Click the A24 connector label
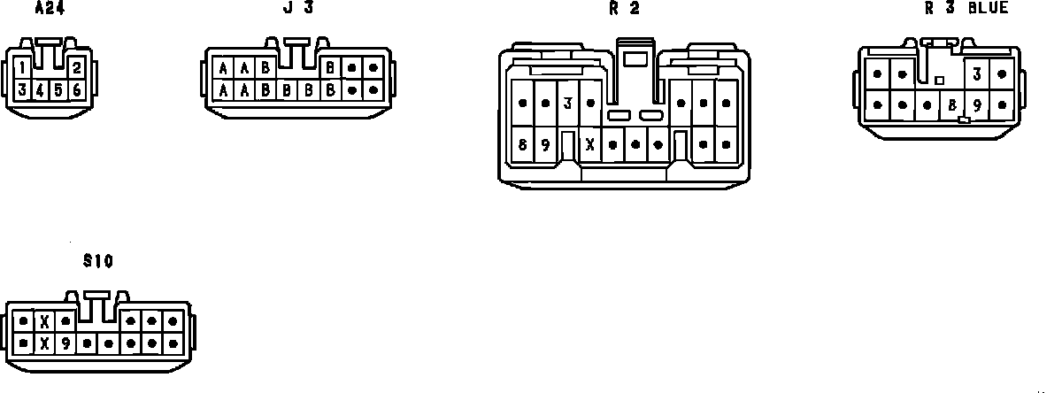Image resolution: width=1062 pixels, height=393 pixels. click(x=49, y=9)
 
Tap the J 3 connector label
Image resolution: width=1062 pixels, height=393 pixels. click(x=297, y=9)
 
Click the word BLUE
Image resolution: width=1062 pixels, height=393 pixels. click(x=988, y=9)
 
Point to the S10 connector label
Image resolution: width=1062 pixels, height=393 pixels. click(x=97, y=261)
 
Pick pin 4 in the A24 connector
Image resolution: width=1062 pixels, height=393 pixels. click(x=41, y=89)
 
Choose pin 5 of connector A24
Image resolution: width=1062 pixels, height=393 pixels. click(x=58, y=89)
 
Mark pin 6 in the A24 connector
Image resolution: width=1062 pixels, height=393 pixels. click(x=77, y=89)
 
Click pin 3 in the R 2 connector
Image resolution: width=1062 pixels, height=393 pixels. click(x=567, y=104)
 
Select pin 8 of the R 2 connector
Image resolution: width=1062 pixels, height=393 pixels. click(x=523, y=144)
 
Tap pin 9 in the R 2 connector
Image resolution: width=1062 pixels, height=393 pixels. click(x=545, y=144)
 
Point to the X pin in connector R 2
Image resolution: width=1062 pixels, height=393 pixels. click(x=590, y=144)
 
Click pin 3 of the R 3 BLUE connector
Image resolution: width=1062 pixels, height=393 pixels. click(x=976, y=74)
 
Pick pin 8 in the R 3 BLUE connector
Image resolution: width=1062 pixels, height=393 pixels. click(x=952, y=104)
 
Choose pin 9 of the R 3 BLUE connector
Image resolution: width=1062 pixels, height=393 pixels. click(x=977, y=104)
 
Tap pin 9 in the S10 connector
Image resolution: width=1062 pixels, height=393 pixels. click(x=65, y=343)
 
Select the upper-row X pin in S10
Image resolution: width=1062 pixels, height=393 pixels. click(x=44, y=321)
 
